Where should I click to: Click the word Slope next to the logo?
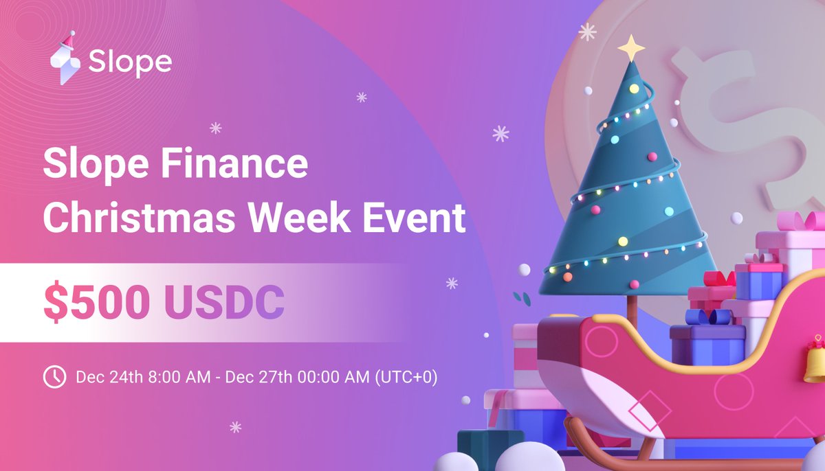[130, 63]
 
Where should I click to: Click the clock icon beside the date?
[54, 377]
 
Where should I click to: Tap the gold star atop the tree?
[631, 48]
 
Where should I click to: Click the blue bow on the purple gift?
[708, 317]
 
